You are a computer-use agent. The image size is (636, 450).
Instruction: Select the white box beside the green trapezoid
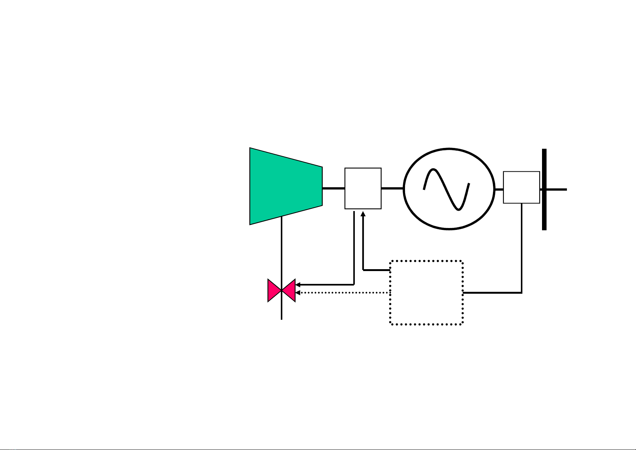pyautogui.click(x=363, y=188)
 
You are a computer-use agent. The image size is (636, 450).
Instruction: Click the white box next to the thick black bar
pyautogui.click(x=521, y=187)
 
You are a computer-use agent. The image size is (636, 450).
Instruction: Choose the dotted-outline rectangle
pyautogui.click(x=426, y=293)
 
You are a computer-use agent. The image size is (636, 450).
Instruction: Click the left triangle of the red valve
pyautogui.click(x=274, y=290)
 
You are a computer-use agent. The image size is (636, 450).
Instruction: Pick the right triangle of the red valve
pyautogui.click(x=289, y=290)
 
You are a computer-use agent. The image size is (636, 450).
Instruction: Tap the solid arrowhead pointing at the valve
pyautogui.click(x=297, y=285)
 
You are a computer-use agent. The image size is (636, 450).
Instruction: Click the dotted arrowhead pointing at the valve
pyautogui.click(x=297, y=293)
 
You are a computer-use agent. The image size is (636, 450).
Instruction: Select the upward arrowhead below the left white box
pyautogui.click(x=363, y=214)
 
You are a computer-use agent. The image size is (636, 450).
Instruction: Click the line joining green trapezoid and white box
pyautogui.click(x=333, y=188)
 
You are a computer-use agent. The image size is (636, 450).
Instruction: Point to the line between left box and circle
pyautogui.click(x=392, y=188)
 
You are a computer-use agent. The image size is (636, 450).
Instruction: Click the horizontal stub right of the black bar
pyautogui.click(x=557, y=190)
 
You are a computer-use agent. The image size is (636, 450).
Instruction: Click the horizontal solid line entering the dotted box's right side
pyautogui.click(x=491, y=293)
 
